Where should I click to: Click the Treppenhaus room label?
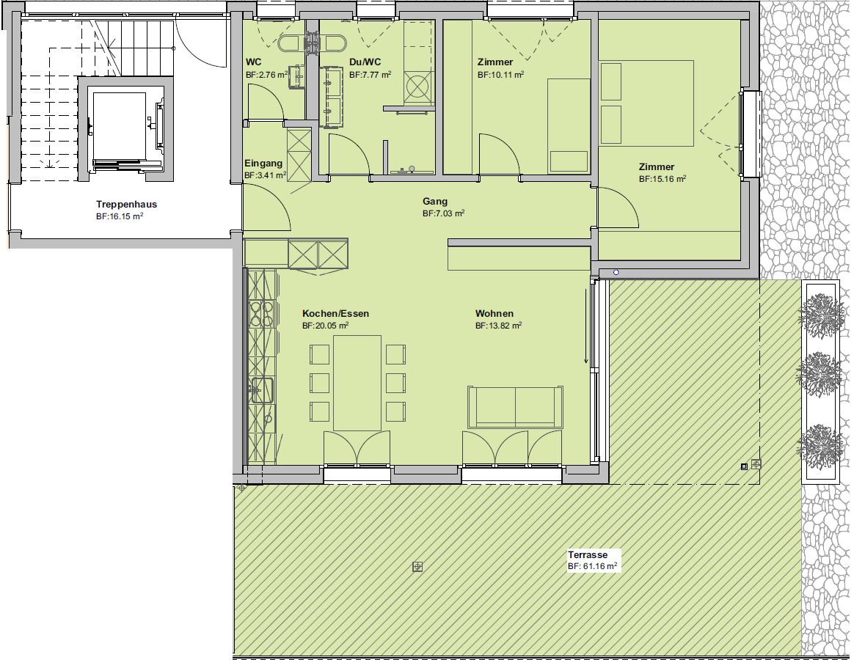[x=126, y=204]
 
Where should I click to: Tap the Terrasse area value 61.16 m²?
[x=592, y=566]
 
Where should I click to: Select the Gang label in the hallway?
[x=434, y=202]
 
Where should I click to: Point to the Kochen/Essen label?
[x=335, y=313]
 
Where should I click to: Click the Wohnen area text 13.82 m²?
[x=498, y=326]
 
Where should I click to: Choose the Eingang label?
[x=263, y=163]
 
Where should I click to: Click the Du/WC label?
[x=365, y=62]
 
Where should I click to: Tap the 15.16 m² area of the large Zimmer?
[x=663, y=179]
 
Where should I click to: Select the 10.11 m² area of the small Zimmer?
[x=501, y=75]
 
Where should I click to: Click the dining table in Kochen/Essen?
[x=357, y=383]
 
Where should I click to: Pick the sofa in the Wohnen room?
[x=515, y=407]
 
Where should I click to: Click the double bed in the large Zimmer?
[x=646, y=103]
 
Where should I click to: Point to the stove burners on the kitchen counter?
[x=261, y=314]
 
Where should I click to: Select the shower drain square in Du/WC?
[x=417, y=87]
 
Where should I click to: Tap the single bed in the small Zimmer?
[x=569, y=126]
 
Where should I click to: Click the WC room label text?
[x=253, y=62]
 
